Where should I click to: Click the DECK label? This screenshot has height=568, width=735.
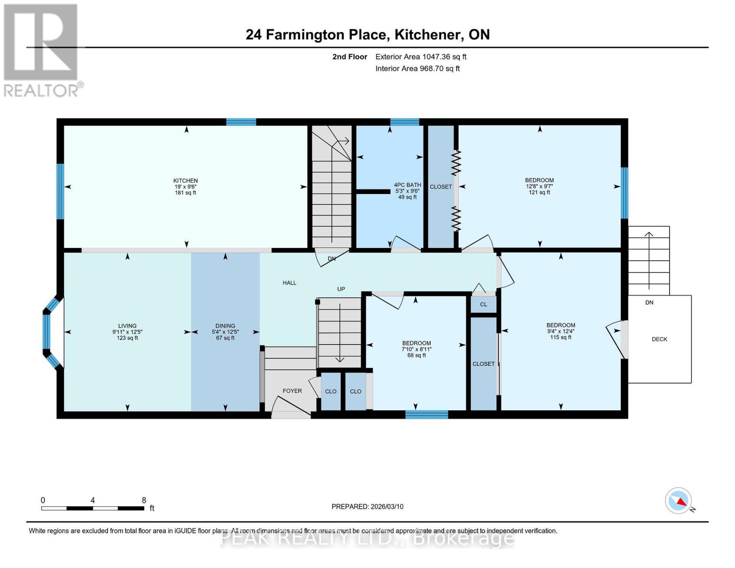659,339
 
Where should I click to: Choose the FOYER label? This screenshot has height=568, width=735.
292,391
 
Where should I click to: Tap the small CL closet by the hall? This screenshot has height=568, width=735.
483,304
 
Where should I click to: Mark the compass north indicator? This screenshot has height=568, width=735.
679,501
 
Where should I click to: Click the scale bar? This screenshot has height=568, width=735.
93,508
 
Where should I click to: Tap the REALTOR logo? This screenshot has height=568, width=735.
42,50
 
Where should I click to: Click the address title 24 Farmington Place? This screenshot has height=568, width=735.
367,35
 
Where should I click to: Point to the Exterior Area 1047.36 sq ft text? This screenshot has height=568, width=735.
420,57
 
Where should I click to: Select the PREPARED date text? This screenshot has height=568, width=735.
367,506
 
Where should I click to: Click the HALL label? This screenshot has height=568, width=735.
289,283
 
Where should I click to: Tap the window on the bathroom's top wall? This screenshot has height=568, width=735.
405,122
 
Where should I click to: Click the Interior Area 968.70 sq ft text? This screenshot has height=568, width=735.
417,69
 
